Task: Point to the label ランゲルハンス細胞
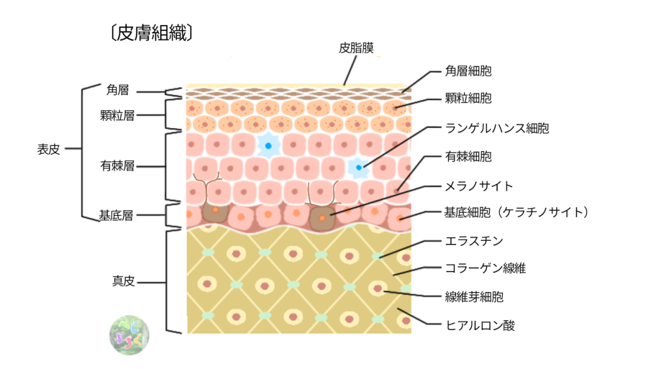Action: point(497,128)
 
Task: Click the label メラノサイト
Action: point(479,186)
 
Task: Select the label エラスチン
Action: point(474,241)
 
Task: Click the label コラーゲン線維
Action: point(485,268)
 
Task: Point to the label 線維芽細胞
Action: point(474,297)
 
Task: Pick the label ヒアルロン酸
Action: point(480,325)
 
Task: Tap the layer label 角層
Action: point(119,91)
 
